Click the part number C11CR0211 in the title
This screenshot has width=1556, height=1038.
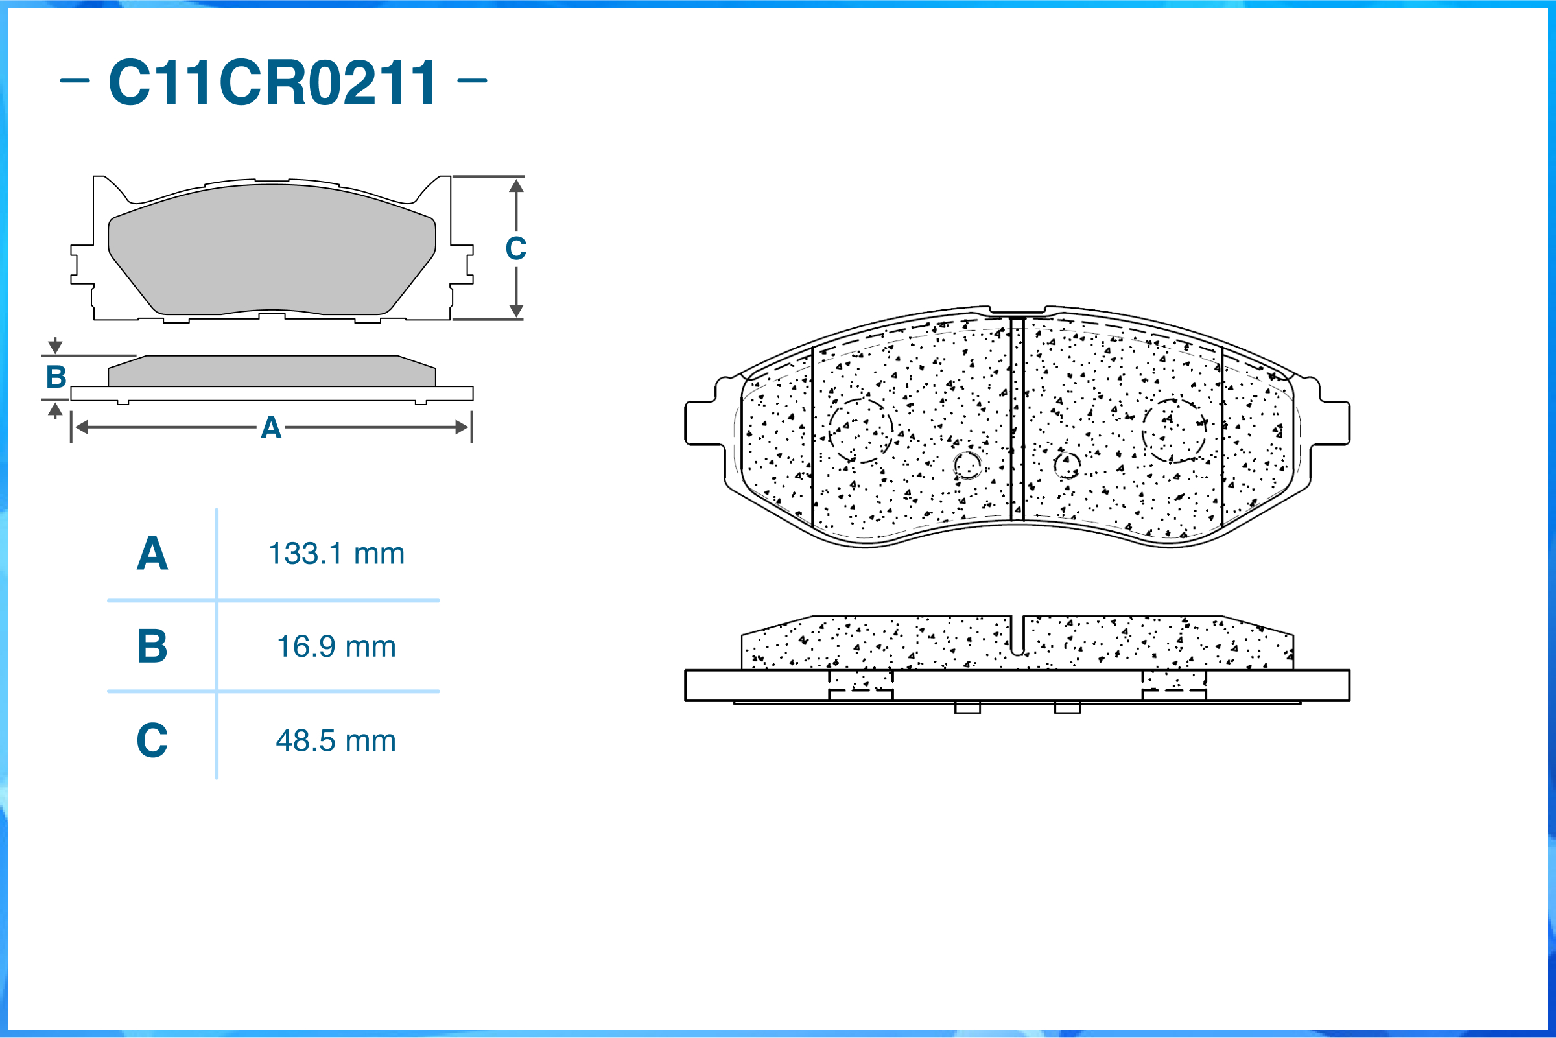pyautogui.click(x=272, y=82)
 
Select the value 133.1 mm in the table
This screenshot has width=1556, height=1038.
pyautogui.click(x=336, y=554)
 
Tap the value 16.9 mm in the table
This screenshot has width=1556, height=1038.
pyautogui.click(x=336, y=647)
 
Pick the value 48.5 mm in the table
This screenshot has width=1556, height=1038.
pyautogui.click(x=336, y=741)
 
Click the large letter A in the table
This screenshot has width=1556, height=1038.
pyautogui.click(x=152, y=554)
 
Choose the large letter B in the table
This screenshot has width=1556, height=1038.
pyautogui.click(x=152, y=646)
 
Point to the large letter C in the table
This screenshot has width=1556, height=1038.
pyautogui.click(x=152, y=740)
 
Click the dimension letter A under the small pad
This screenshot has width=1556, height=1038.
pyautogui.click(x=272, y=429)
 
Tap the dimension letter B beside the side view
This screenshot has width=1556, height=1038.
pyautogui.click(x=56, y=377)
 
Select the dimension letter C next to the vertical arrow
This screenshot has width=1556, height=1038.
pyautogui.click(x=516, y=249)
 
